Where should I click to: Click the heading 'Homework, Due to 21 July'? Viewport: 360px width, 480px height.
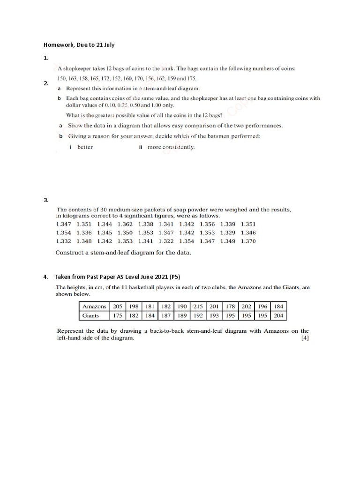tap(79, 45)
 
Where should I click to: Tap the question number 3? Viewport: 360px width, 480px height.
tap(46, 200)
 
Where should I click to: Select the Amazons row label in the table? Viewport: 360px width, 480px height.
tap(94, 307)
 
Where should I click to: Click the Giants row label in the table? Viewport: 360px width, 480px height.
tap(90, 315)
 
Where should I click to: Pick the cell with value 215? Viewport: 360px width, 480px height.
tap(199, 307)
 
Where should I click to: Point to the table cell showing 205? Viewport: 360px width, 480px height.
tap(117, 307)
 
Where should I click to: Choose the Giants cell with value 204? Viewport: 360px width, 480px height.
tap(278, 315)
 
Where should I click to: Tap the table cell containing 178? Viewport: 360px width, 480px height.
tap(231, 307)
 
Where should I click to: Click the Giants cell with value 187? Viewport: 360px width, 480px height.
tap(166, 315)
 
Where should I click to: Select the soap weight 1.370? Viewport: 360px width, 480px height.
tap(248, 241)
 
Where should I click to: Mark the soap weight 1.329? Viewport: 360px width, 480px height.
tap(228, 232)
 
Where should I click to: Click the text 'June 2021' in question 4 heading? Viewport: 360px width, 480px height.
tap(150, 276)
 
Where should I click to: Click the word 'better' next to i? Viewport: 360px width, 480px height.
tap(85, 147)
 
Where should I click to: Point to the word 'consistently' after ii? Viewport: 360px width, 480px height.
tap(179, 147)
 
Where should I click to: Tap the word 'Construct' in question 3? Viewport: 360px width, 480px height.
tap(69, 253)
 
